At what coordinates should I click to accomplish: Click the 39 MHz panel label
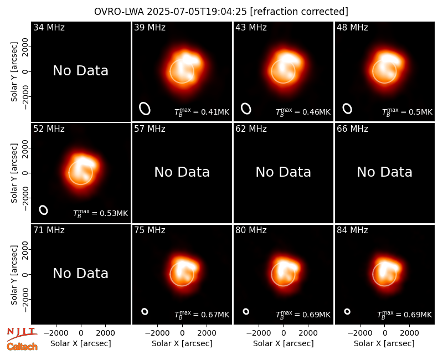point(150,27)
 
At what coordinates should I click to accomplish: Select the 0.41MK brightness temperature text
point(202,112)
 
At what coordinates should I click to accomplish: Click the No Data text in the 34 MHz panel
point(81,70)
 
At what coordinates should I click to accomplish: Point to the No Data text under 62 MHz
point(284,172)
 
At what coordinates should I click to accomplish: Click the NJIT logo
point(22,334)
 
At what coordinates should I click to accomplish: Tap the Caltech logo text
point(22,347)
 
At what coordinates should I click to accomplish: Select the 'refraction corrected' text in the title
point(299,12)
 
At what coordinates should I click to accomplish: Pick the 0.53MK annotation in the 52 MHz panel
point(100,213)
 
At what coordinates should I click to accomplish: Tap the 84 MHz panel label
point(352,230)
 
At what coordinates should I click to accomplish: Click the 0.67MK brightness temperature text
point(202,315)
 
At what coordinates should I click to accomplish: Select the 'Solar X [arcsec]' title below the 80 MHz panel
point(284,343)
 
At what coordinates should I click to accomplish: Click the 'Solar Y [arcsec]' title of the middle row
point(14,173)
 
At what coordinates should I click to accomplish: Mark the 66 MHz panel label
point(352,129)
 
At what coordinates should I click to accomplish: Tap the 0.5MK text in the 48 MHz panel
point(407,112)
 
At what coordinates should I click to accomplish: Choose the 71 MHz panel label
point(49,230)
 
